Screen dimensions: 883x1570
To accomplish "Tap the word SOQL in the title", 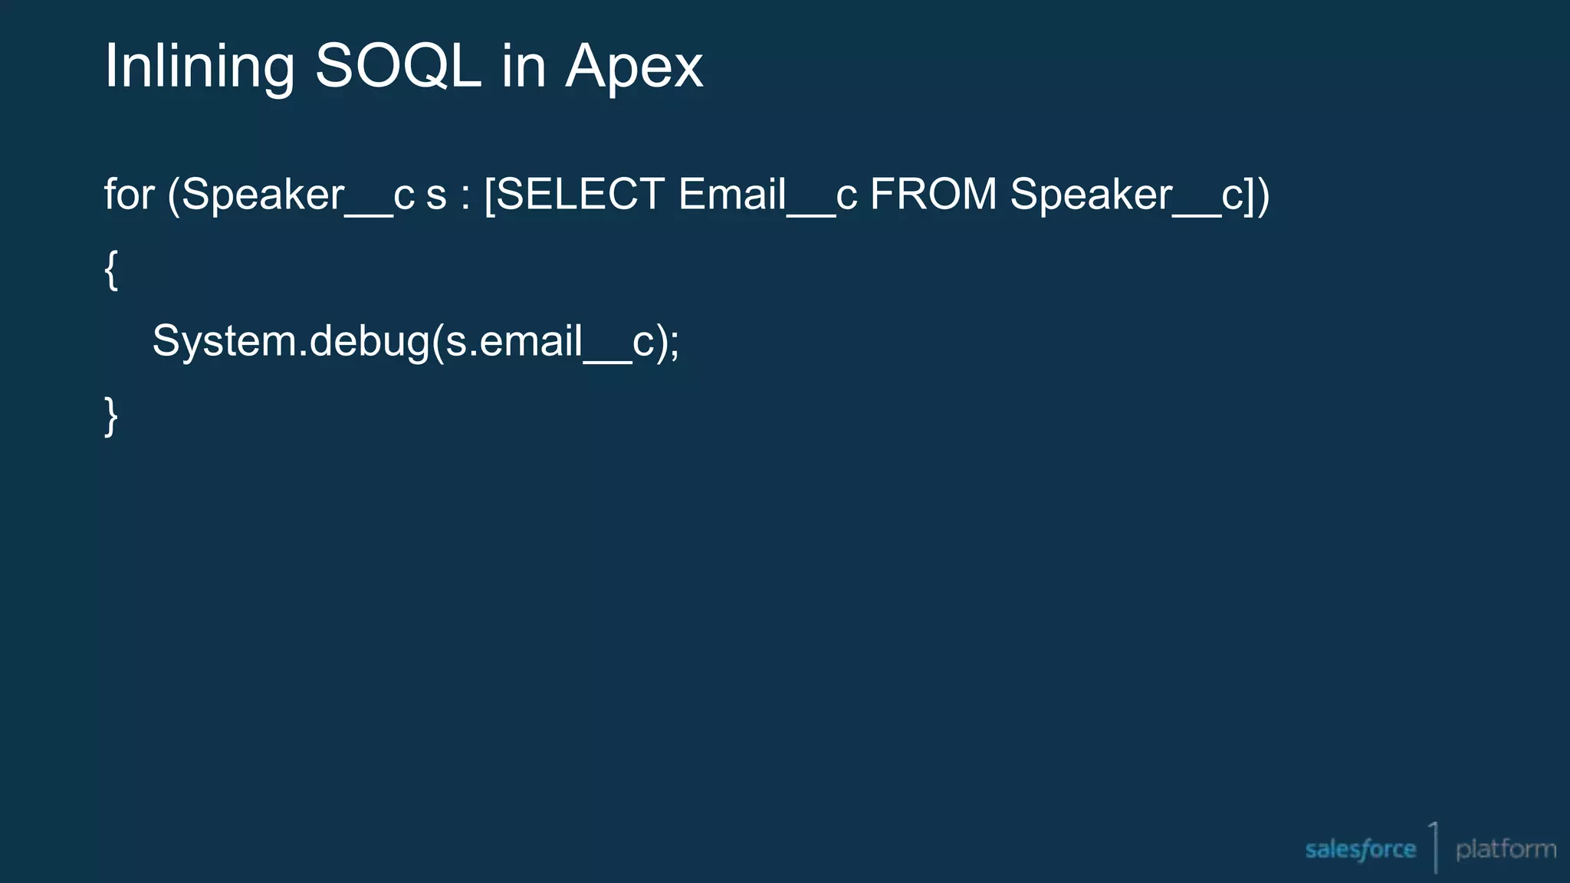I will click(398, 67).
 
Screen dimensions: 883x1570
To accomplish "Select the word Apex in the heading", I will click(634, 68).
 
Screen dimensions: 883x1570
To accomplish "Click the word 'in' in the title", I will click(524, 67).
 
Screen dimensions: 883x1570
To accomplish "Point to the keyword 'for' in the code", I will click(130, 194).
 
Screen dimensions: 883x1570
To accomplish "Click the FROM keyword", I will click(933, 194).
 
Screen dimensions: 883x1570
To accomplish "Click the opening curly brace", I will click(111, 269).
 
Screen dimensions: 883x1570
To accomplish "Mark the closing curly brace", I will click(111, 416).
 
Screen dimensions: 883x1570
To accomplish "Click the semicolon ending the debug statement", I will click(674, 345).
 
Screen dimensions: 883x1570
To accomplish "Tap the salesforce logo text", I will click(1360, 849).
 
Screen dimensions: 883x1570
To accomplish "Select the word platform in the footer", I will click(1506, 849).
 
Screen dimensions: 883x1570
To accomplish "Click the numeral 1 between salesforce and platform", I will click(1434, 847).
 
